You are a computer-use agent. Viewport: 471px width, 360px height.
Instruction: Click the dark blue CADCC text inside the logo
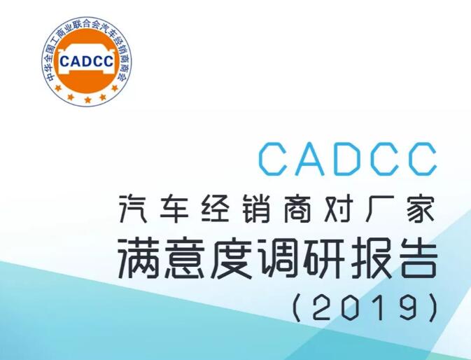pos(87,62)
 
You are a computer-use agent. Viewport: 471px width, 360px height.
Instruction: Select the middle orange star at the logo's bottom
pos(87,99)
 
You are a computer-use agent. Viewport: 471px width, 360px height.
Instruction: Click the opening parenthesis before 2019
pos(297,307)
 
